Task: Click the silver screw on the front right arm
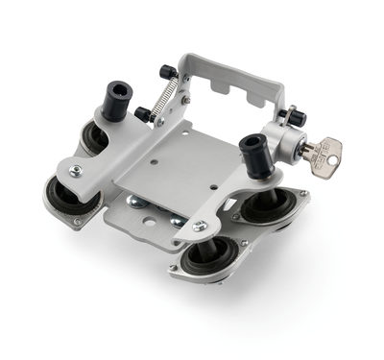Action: (199, 227)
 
